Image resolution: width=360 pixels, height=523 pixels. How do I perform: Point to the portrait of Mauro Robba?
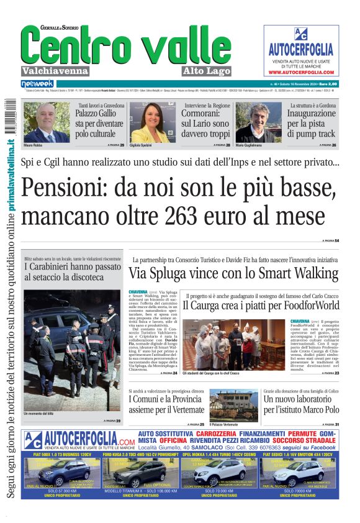point(47,122)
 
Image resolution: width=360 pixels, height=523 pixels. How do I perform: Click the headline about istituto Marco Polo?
point(300,404)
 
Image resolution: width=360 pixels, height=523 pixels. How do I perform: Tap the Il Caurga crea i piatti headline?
point(261,306)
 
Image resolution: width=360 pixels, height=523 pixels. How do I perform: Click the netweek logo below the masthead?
point(37,84)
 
